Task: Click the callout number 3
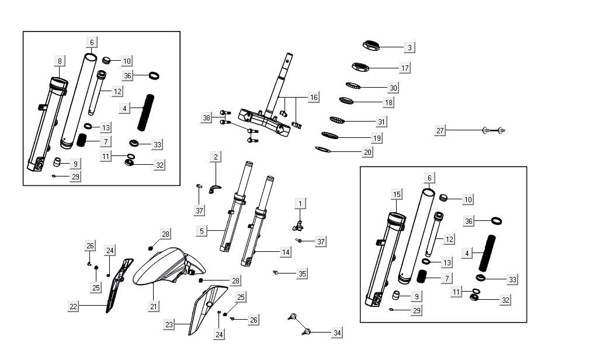coord(410,47)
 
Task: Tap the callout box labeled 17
coord(405,68)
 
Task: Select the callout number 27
coord(440,130)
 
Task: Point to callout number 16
coord(314,97)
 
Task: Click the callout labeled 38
coord(206,118)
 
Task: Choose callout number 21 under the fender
coord(154,306)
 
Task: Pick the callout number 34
coord(337,333)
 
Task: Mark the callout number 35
coord(301,273)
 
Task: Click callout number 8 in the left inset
coord(60,61)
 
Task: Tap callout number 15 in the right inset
coord(397,194)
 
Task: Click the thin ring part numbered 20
coord(322,150)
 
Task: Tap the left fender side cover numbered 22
coord(117,286)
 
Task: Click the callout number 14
coord(285,252)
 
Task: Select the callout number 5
coord(202,231)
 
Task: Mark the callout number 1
coord(300,203)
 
